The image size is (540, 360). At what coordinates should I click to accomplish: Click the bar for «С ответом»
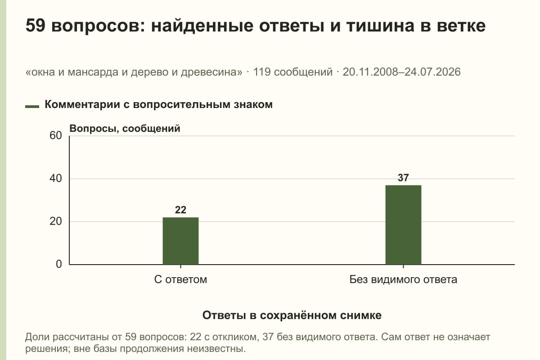pyautogui.click(x=180, y=241)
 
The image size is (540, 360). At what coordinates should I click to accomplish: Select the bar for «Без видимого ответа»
pyautogui.click(x=403, y=225)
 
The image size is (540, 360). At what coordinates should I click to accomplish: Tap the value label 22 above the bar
pyautogui.click(x=180, y=210)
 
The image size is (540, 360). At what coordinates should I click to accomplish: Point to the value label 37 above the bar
pyautogui.click(x=403, y=178)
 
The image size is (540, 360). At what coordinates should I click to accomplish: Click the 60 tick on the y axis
pyautogui.click(x=56, y=135)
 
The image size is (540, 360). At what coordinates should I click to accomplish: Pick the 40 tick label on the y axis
pyautogui.click(x=56, y=179)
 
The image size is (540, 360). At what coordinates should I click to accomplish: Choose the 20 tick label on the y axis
pyautogui.click(x=56, y=221)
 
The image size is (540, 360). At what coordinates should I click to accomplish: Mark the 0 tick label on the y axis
pyautogui.click(x=59, y=264)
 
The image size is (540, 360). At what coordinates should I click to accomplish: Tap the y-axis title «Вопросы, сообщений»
pyautogui.click(x=125, y=129)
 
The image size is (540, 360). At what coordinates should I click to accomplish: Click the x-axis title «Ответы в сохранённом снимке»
pyautogui.click(x=292, y=315)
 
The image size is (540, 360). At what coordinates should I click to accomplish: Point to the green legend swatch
pyautogui.click(x=32, y=107)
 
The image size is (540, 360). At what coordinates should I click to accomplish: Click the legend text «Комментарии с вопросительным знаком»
pyautogui.click(x=158, y=105)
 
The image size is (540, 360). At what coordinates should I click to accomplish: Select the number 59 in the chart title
pyautogui.click(x=35, y=25)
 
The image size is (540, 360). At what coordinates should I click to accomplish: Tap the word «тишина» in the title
pyautogui.click(x=380, y=26)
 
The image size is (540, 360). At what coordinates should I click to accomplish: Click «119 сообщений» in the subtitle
pyautogui.click(x=292, y=72)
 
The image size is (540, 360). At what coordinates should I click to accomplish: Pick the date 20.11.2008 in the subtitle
pyautogui.click(x=372, y=72)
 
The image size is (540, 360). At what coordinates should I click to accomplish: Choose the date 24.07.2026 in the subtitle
pyautogui.click(x=432, y=72)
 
